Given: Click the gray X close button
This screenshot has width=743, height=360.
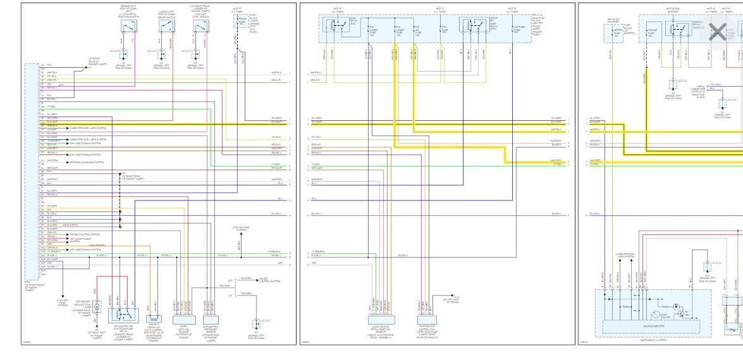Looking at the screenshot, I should pyautogui.click(x=717, y=32).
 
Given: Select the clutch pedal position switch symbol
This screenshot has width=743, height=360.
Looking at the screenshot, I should pyautogui.click(x=129, y=28).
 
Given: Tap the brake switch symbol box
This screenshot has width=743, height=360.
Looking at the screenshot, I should pyautogui.click(x=165, y=28).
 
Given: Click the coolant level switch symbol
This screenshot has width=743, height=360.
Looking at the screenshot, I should pyautogui.click(x=201, y=28).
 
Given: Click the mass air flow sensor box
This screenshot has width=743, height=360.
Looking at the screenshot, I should pyautogui.click(x=183, y=314).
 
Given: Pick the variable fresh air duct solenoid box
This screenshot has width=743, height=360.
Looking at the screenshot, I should pyautogui.click(x=156, y=314).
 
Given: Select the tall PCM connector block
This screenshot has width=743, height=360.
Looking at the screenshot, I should pyautogui.click(x=32, y=171).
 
